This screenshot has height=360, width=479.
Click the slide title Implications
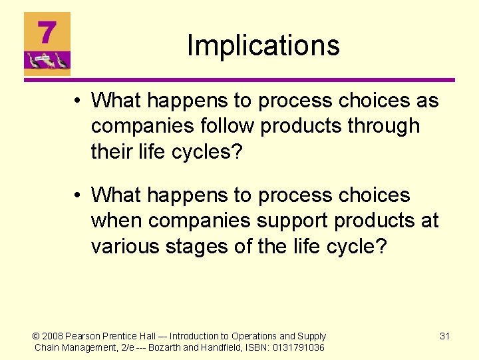point(263,45)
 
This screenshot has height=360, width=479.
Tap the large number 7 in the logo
point(47,33)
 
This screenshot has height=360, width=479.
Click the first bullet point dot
point(79,101)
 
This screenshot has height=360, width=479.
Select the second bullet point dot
point(79,196)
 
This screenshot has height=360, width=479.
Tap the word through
point(384,126)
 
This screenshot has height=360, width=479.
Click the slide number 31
point(444,336)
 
